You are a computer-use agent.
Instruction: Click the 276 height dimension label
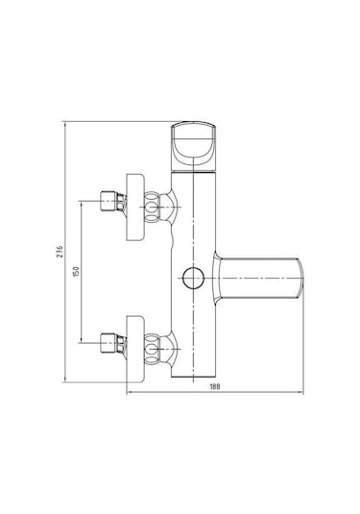[x=60, y=251]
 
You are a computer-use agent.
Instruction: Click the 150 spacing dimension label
[x=76, y=272]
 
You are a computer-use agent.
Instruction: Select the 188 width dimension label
[x=215, y=386]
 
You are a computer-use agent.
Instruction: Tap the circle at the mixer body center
[x=193, y=279]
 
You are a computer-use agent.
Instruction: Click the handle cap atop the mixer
[x=194, y=146]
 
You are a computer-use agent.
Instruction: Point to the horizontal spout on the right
[x=259, y=279]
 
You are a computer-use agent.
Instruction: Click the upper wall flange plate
[x=135, y=208]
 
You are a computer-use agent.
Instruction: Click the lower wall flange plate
[x=135, y=349]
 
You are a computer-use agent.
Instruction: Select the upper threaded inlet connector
[x=113, y=201]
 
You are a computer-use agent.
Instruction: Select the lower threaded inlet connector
[x=113, y=343]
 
